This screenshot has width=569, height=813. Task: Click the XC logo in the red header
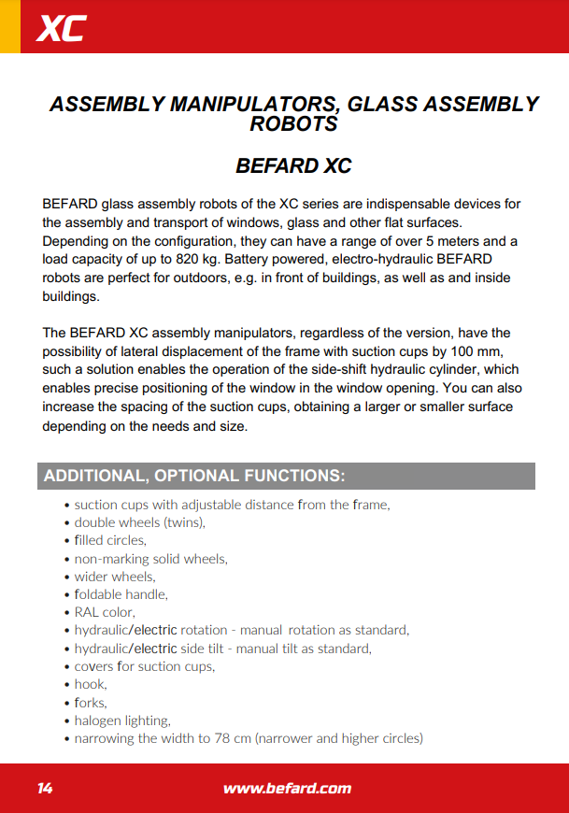click(x=61, y=29)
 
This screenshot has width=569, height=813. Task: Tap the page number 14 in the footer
click(x=45, y=788)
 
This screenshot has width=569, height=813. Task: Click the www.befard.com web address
click(x=287, y=788)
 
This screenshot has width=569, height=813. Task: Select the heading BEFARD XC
click(x=293, y=166)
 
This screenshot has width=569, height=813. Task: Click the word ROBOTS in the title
click(x=293, y=123)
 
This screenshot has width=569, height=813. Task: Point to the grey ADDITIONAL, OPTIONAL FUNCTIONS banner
click(x=286, y=476)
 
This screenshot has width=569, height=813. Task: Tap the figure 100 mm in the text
click(x=476, y=350)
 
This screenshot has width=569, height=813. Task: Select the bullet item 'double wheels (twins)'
click(x=139, y=522)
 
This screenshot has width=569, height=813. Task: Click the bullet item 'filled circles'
click(x=110, y=540)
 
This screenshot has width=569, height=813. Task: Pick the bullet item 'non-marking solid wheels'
click(x=150, y=559)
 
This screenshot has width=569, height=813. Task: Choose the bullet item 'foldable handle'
click(x=121, y=594)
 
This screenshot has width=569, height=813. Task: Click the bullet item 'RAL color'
click(x=105, y=612)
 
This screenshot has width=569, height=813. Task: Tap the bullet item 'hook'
click(x=91, y=684)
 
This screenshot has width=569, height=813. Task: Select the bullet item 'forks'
click(x=91, y=702)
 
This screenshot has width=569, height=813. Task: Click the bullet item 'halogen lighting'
click(x=122, y=720)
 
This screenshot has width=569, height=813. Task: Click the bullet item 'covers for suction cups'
click(x=144, y=666)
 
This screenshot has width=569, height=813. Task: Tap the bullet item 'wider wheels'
click(x=115, y=577)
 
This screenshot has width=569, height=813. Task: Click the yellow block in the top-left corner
click(x=9, y=26)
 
